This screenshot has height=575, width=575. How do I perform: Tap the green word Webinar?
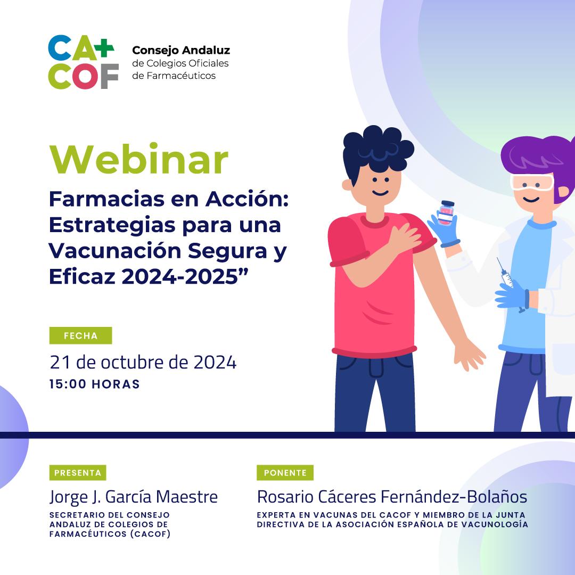pyautogui.click(x=139, y=159)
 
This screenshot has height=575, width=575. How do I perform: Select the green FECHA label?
pyautogui.click(x=81, y=335)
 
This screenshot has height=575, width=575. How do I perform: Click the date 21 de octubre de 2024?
pyautogui.click(x=143, y=363)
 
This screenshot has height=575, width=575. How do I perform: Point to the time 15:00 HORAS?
pyautogui.click(x=95, y=384)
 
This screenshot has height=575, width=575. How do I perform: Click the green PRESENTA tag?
pyautogui.click(x=78, y=473)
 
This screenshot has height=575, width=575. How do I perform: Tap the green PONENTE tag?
pyautogui.click(x=285, y=473)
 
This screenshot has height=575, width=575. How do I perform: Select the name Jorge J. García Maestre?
pyautogui.click(x=134, y=497)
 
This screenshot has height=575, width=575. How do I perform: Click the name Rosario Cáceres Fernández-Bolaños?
pyautogui.click(x=392, y=497)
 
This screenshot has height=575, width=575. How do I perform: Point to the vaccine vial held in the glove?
pyautogui.click(x=446, y=212)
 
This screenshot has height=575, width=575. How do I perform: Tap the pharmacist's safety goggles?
pyautogui.click(x=532, y=182)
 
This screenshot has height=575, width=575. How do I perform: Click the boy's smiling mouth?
pyautogui.click(x=380, y=193)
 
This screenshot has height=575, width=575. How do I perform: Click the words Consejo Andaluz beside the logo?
pyautogui.click(x=181, y=50)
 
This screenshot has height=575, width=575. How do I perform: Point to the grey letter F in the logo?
pyautogui.click(x=110, y=76)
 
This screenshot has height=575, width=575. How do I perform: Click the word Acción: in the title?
pyautogui.click(x=247, y=199)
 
